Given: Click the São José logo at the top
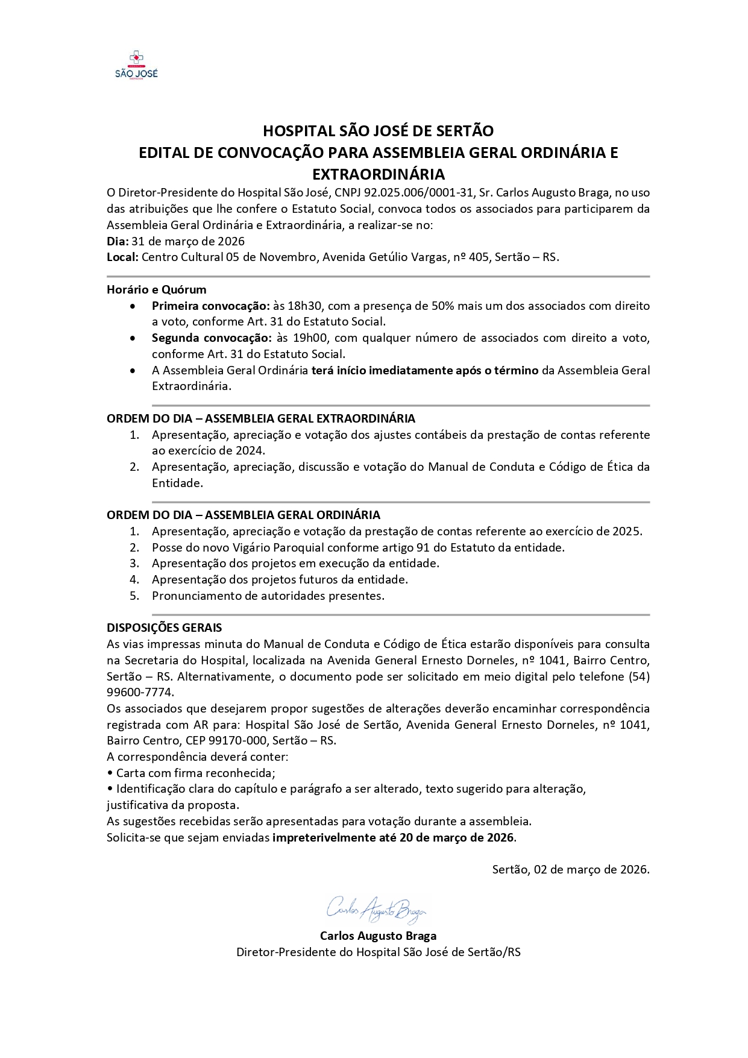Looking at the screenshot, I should tap(136, 65).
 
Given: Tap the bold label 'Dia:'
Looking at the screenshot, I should tap(118, 241).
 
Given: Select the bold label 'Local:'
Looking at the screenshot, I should tap(123, 257).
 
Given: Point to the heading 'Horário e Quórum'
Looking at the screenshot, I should tap(156, 289).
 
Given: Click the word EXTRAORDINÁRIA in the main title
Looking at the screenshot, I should tap(378, 174).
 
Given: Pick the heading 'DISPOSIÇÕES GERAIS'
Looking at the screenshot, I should tap(164, 628).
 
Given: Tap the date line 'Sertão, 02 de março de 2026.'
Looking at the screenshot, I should tap(570, 869).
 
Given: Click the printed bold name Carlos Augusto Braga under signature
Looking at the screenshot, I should tap(378, 936).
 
